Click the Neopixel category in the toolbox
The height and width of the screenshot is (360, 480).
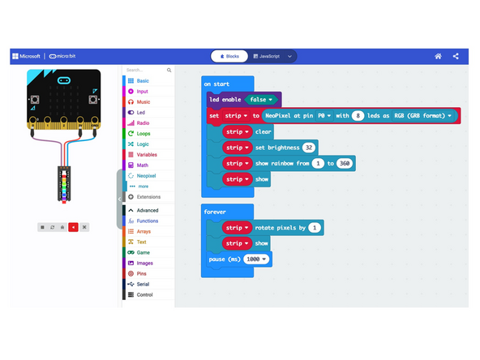147,175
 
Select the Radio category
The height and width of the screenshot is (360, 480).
143,122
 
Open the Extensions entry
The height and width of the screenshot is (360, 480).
148,197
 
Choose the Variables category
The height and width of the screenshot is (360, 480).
146,154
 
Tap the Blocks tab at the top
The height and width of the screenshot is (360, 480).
229,56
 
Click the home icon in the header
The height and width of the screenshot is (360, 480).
438,56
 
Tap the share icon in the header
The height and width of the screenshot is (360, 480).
456,56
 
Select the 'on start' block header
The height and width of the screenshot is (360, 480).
217,84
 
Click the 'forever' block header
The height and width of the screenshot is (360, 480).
216,211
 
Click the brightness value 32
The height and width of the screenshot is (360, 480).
309,148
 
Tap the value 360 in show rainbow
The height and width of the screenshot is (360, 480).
344,163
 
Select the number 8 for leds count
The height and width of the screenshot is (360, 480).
357,116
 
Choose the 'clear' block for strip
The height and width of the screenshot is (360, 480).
264,131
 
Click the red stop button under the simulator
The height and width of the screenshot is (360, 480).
73,227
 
